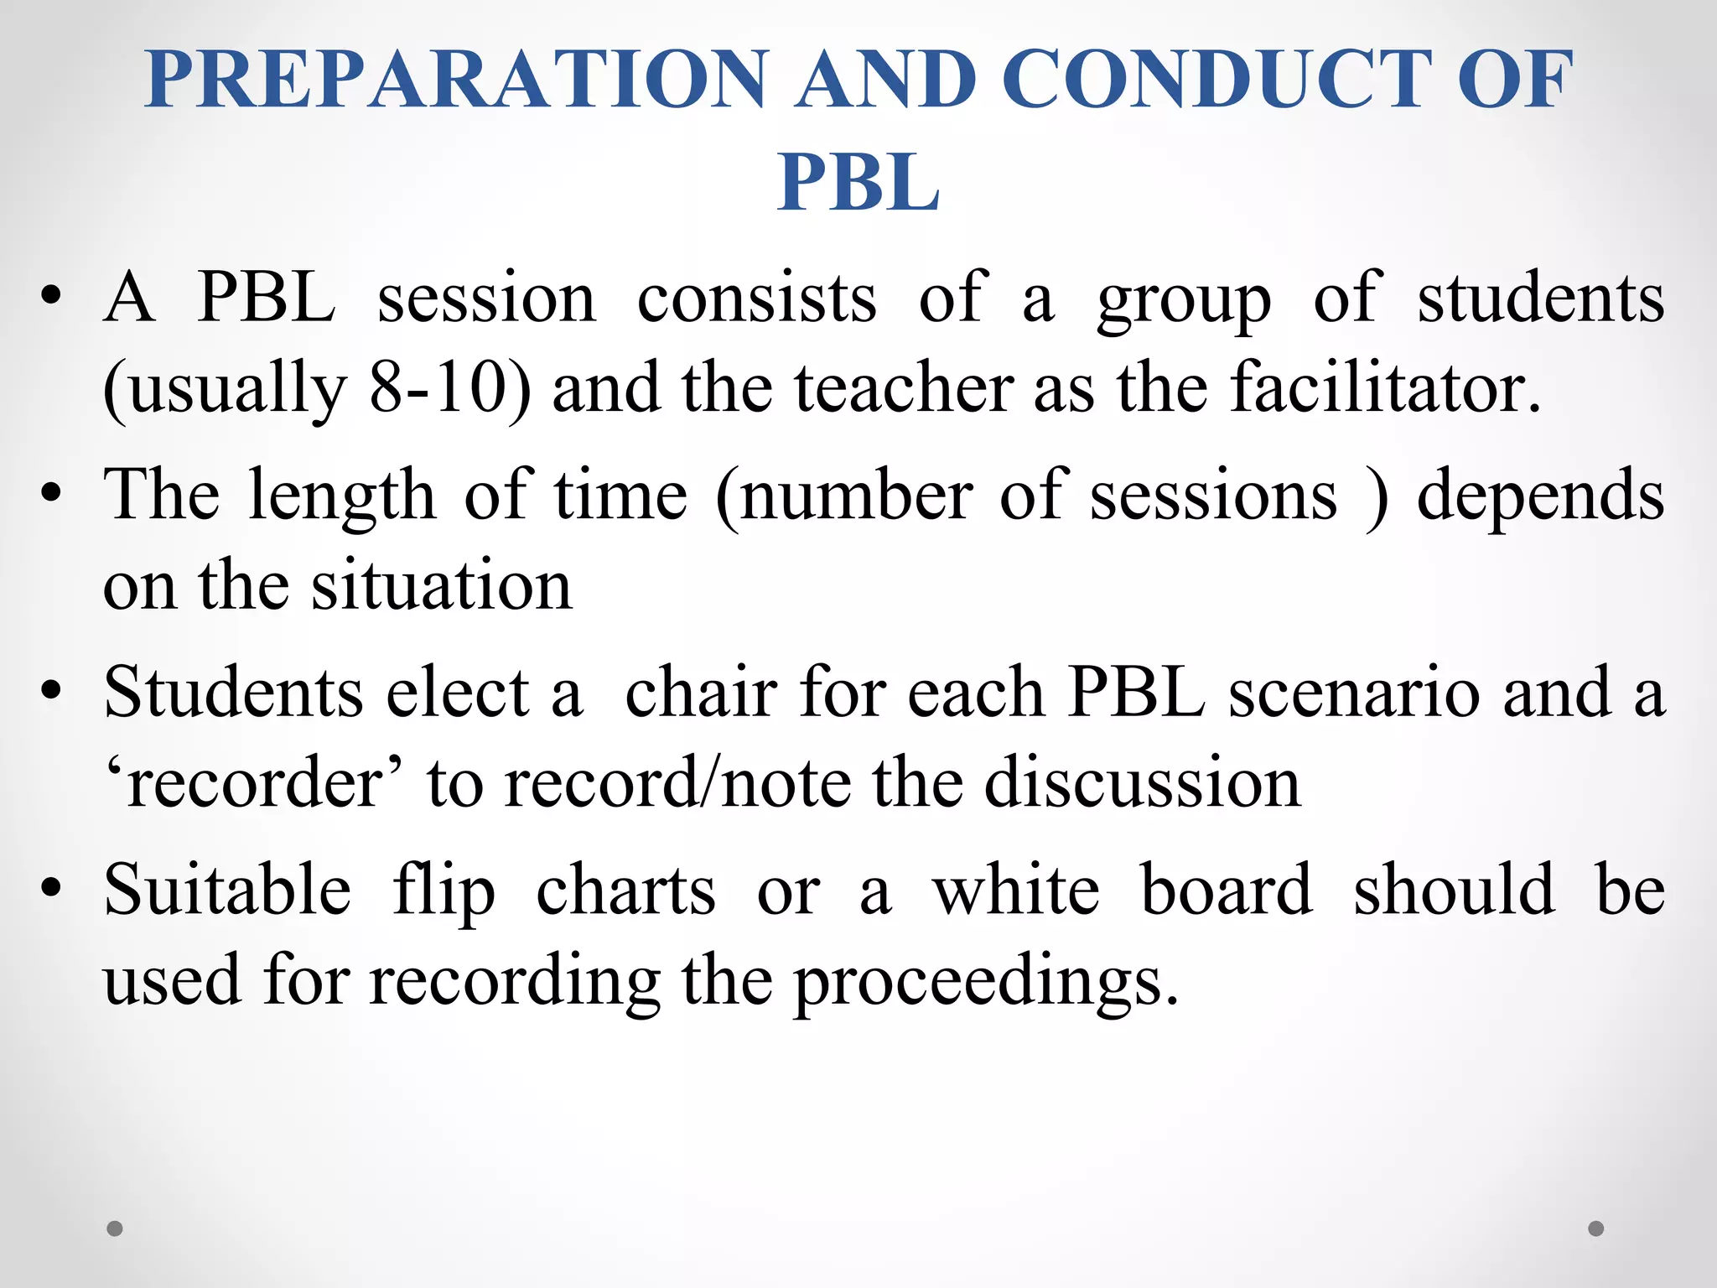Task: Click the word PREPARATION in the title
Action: coord(457,80)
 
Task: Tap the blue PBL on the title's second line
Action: coord(858,182)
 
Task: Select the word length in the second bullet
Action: coord(342,496)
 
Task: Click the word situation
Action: coord(442,585)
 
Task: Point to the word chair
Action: coord(702,693)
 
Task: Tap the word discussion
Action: coord(1142,783)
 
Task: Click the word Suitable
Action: coord(227,891)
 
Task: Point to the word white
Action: coord(1016,891)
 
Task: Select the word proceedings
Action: coord(986,981)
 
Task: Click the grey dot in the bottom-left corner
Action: coord(115,1228)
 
